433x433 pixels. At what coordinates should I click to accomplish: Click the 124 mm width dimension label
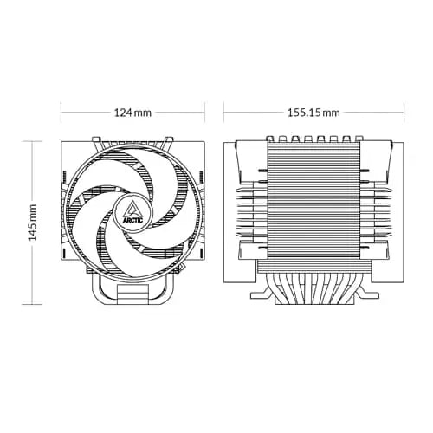132,113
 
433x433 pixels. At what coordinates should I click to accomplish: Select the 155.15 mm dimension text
313,113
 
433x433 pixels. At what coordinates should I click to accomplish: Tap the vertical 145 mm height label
32,223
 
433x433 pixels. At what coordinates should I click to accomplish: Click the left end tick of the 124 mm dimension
61,113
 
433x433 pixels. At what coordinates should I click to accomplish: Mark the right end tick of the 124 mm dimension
204,113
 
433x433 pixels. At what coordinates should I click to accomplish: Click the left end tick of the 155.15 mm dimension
223,113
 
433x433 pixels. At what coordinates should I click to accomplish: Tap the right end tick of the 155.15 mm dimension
404,113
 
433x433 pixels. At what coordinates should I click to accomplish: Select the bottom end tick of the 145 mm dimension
32,305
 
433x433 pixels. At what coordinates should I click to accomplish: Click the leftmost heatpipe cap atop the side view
273,139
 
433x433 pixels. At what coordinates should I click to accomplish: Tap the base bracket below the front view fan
132,286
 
